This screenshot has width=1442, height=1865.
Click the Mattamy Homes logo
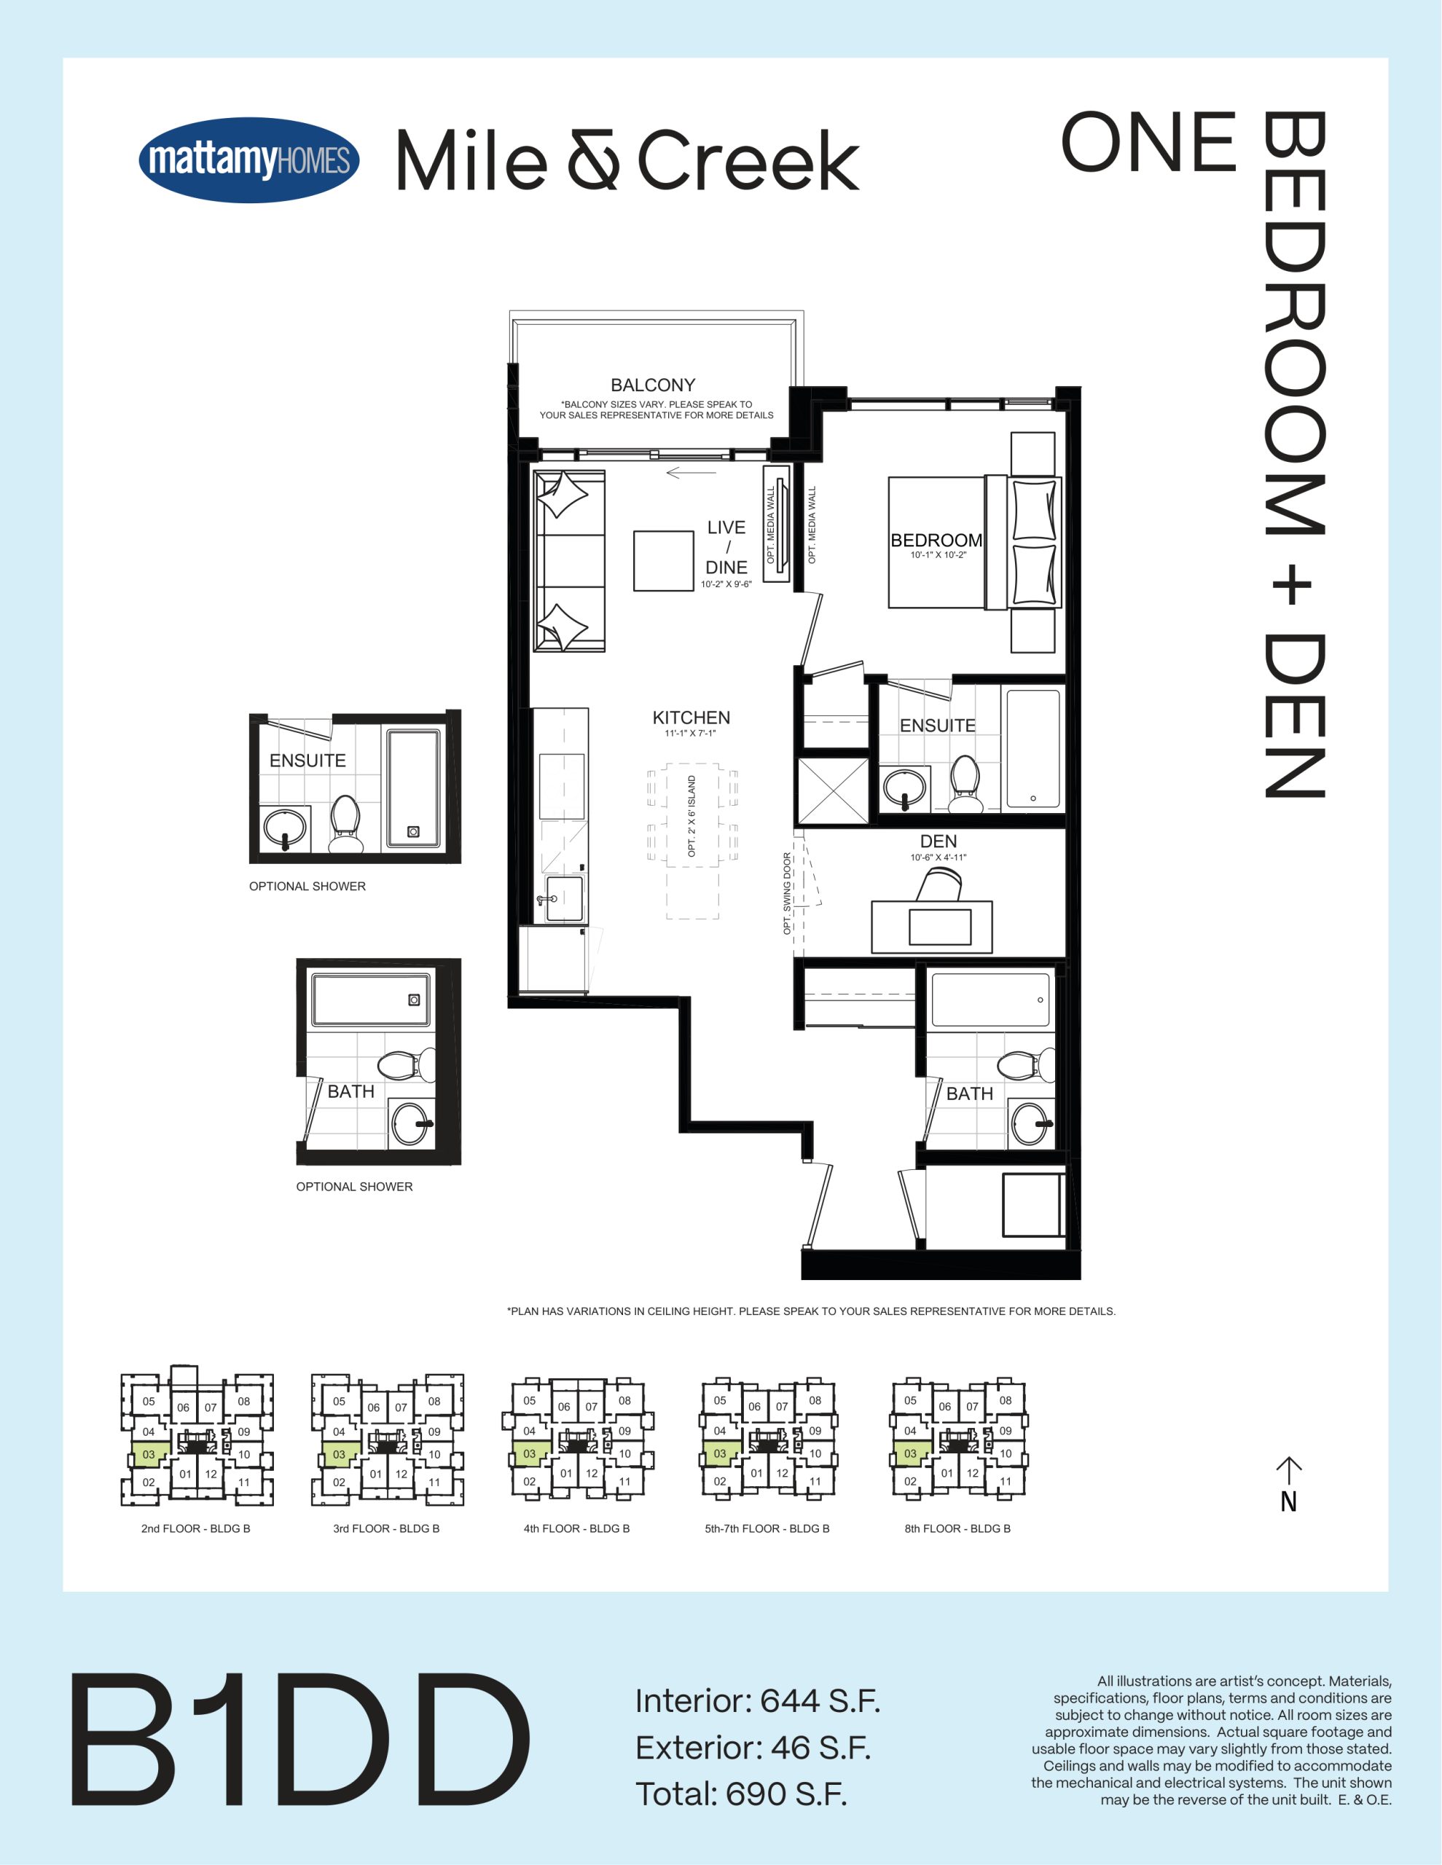(x=248, y=160)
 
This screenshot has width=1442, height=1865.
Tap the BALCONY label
(x=653, y=385)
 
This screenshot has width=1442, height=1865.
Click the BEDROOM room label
(x=936, y=541)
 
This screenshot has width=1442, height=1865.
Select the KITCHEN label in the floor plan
(x=691, y=718)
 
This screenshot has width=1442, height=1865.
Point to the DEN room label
(x=938, y=841)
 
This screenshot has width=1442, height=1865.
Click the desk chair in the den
(x=941, y=884)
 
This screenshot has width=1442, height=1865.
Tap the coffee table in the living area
(x=663, y=561)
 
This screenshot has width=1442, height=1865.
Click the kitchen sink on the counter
(x=564, y=898)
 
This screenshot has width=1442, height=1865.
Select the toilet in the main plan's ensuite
(x=965, y=784)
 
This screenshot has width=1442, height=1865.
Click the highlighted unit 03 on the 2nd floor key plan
(x=149, y=1454)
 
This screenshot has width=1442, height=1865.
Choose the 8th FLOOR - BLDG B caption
(x=957, y=1528)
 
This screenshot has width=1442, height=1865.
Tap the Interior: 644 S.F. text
(x=757, y=1701)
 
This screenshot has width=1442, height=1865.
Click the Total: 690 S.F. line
(x=740, y=1794)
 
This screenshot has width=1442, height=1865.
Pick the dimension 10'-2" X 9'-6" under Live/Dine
(x=726, y=584)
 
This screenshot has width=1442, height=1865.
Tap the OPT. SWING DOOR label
(x=788, y=893)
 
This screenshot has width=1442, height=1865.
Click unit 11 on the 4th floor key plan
(x=624, y=1482)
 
